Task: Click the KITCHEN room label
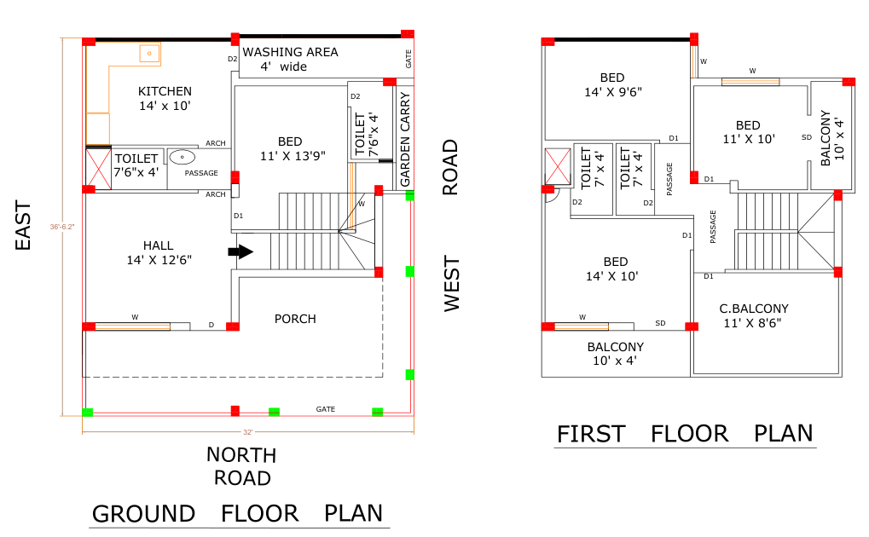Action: point(165,91)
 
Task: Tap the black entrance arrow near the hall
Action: point(240,251)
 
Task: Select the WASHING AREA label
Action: point(291,52)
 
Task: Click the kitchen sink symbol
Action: point(149,54)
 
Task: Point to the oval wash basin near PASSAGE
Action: point(182,157)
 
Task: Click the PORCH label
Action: point(295,319)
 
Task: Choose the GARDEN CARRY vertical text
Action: point(405,139)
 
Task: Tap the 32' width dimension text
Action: point(247,432)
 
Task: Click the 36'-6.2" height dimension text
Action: point(62,227)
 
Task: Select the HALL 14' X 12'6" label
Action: point(159,252)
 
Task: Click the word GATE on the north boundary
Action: point(325,409)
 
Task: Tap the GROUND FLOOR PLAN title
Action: point(237,514)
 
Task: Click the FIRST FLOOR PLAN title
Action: point(685,434)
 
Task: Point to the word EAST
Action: point(23,226)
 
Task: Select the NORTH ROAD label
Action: point(241,466)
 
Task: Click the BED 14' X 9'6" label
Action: point(613,84)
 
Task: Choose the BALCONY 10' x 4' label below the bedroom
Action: point(615,354)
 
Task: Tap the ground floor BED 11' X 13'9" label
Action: point(293,148)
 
